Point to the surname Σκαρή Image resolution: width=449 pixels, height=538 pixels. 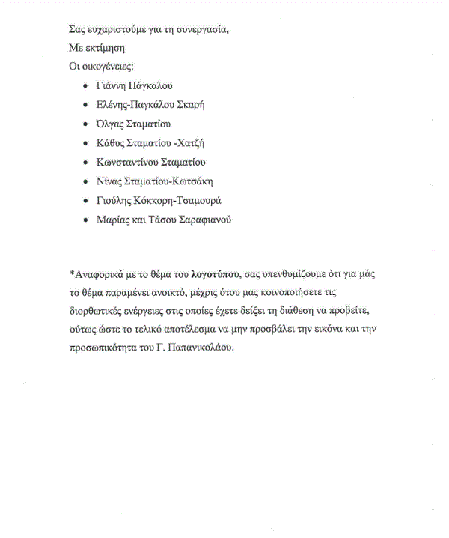(x=190, y=105)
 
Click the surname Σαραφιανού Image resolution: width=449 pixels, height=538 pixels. (x=202, y=220)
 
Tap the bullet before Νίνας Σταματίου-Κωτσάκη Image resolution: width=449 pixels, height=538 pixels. (x=87, y=181)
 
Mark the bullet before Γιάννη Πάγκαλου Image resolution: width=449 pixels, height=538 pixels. (x=87, y=86)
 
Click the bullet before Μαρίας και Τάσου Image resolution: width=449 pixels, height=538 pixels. (x=87, y=220)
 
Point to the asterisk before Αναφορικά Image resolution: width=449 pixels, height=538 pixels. (x=71, y=273)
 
